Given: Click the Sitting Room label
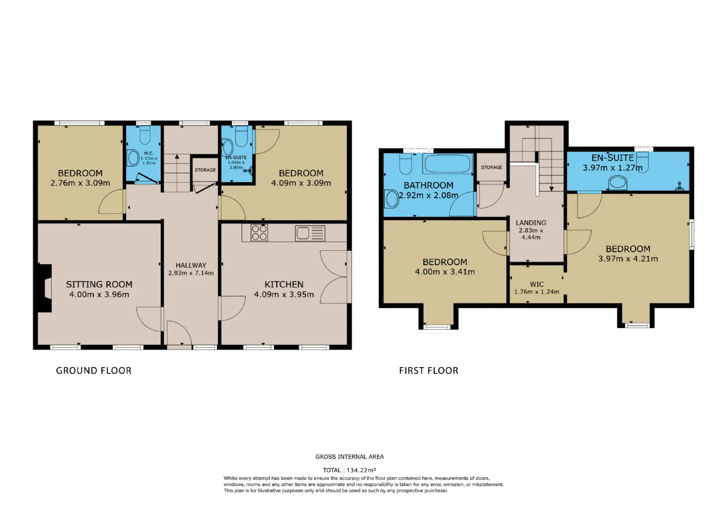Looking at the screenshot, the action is (x=99, y=284).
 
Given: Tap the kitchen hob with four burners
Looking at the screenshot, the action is (x=260, y=233).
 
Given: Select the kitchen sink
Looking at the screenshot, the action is (x=310, y=233).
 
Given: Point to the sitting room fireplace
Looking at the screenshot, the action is (x=45, y=288).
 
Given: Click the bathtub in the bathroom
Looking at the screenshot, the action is (x=447, y=164).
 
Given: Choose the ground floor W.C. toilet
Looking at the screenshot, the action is (x=145, y=135).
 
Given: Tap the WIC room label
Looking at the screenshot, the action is (x=537, y=284).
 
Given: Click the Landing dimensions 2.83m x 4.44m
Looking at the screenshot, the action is (x=530, y=234).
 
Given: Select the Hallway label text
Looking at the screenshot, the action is (x=191, y=265).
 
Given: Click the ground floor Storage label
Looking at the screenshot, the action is (x=205, y=170).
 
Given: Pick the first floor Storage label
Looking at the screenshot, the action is (x=491, y=167).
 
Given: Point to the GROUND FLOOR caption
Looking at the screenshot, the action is (x=94, y=371).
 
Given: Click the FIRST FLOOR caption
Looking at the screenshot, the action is (x=429, y=371).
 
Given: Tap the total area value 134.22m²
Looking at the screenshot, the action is (x=361, y=470).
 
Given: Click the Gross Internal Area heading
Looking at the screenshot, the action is (x=349, y=457).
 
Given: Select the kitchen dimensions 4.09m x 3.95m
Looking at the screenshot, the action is (x=284, y=295).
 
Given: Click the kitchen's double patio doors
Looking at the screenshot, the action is (x=335, y=277).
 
